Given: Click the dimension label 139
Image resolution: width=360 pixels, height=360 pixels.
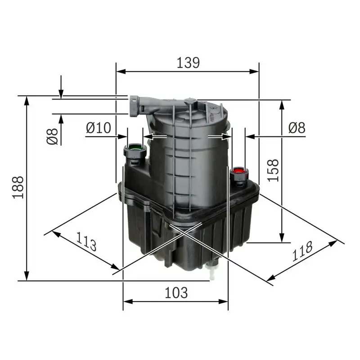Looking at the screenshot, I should tap(188, 63).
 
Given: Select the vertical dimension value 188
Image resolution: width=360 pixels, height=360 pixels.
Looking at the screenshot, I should tap(18, 187).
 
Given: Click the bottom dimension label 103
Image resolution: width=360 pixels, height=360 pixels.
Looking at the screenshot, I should tap(175, 293).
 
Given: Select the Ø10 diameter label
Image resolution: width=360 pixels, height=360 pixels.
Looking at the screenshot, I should tap(98, 128).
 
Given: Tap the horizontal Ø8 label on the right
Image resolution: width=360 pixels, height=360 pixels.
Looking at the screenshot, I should tap(297, 128).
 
